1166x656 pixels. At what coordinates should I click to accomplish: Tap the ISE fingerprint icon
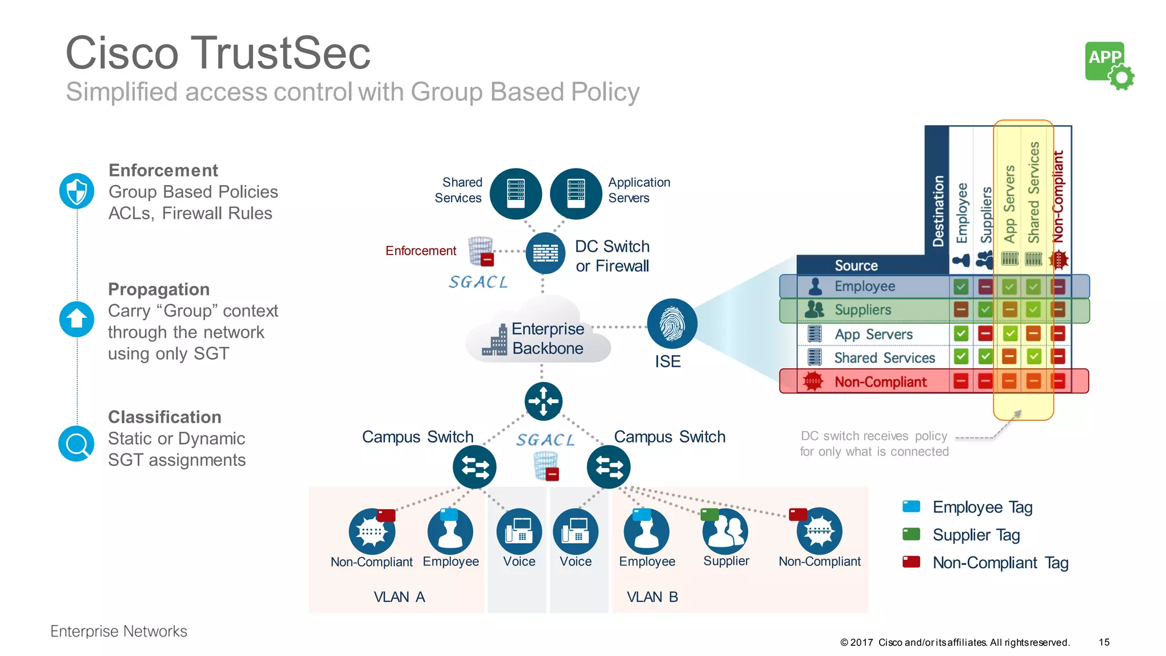click(x=672, y=323)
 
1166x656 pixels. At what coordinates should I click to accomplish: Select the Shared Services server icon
click(x=515, y=194)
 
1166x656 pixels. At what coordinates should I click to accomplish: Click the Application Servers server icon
click(x=576, y=194)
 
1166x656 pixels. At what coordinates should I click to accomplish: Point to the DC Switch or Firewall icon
click(x=545, y=253)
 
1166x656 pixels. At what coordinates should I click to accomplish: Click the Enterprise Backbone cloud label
click(x=547, y=338)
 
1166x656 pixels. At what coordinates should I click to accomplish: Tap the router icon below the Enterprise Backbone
click(x=543, y=401)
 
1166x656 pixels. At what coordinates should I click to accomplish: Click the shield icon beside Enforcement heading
click(x=77, y=191)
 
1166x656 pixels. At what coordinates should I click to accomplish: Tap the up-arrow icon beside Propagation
click(x=77, y=319)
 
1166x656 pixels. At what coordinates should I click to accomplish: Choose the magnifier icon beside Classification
click(x=77, y=444)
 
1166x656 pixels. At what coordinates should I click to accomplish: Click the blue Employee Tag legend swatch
click(x=911, y=506)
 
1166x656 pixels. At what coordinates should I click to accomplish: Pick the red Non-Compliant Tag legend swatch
click(x=911, y=562)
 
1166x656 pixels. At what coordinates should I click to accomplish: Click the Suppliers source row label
click(x=863, y=310)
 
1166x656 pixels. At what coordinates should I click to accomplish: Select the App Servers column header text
click(x=1009, y=203)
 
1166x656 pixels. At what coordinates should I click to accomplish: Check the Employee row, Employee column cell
click(x=960, y=286)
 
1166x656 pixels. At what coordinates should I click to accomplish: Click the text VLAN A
click(x=399, y=597)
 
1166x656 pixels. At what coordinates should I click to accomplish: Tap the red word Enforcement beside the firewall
click(x=421, y=251)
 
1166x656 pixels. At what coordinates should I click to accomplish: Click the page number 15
click(x=1104, y=642)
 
